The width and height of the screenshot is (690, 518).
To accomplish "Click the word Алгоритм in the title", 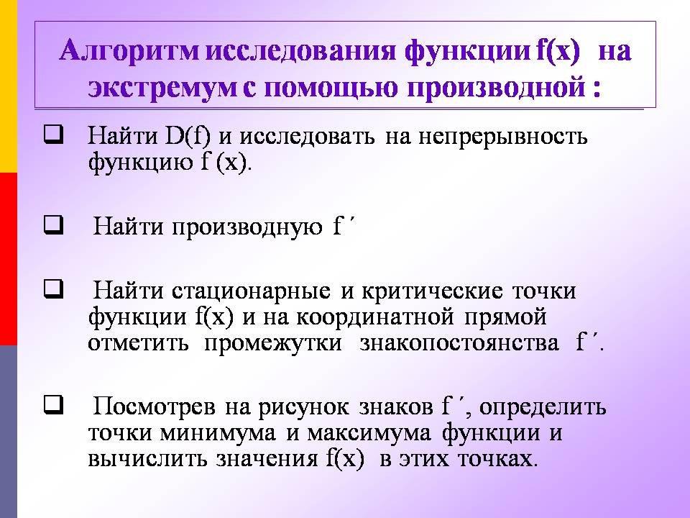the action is pyautogui.click(x=130, y=51).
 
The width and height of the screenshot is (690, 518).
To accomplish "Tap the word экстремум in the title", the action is pyautogui.click(x=162, y=87).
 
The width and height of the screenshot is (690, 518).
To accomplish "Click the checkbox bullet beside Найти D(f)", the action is pyautogui.click(x=53, y=135).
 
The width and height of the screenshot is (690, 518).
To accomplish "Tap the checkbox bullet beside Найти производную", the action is pyautogui.click(x=53, y=225).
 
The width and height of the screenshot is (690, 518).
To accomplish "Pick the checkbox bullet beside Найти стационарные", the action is pyautogui.click(x=53, y=289).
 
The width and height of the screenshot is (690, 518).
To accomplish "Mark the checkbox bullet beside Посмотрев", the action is pyautogui.click(x=53, y=405).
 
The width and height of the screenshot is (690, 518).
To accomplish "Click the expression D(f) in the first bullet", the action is pyautogui.click(x=188, y=136).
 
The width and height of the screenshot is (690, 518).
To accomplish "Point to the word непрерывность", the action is pyautogui.click(x=503, y=137).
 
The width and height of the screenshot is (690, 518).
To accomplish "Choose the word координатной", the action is pyautogui.click(x=375, y=317).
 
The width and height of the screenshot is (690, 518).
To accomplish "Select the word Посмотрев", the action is pyautogui.click(x=155, y=406).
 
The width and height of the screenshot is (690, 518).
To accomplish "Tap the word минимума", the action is pyautogui.click(x=217, y=433).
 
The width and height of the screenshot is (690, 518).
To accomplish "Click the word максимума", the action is pyautogui.click(x=369, y=433).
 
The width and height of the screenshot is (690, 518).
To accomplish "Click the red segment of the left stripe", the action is pyautogui.click(x=9, y=258).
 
